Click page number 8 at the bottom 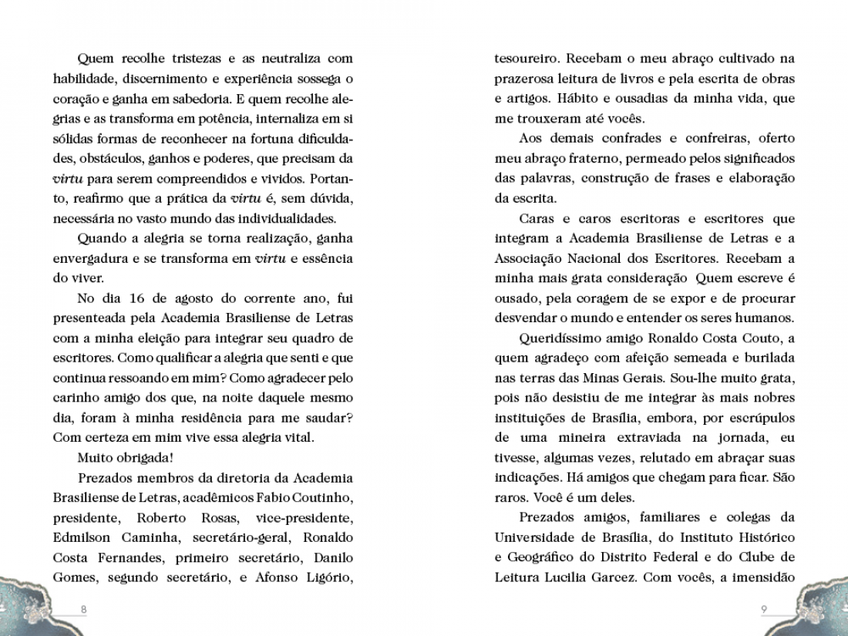tap(84, 609)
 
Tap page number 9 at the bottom tap(764, 609)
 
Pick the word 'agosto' tap(197, 298)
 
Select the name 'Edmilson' tap(81, 537)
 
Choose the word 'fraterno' tap(591, 158)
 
